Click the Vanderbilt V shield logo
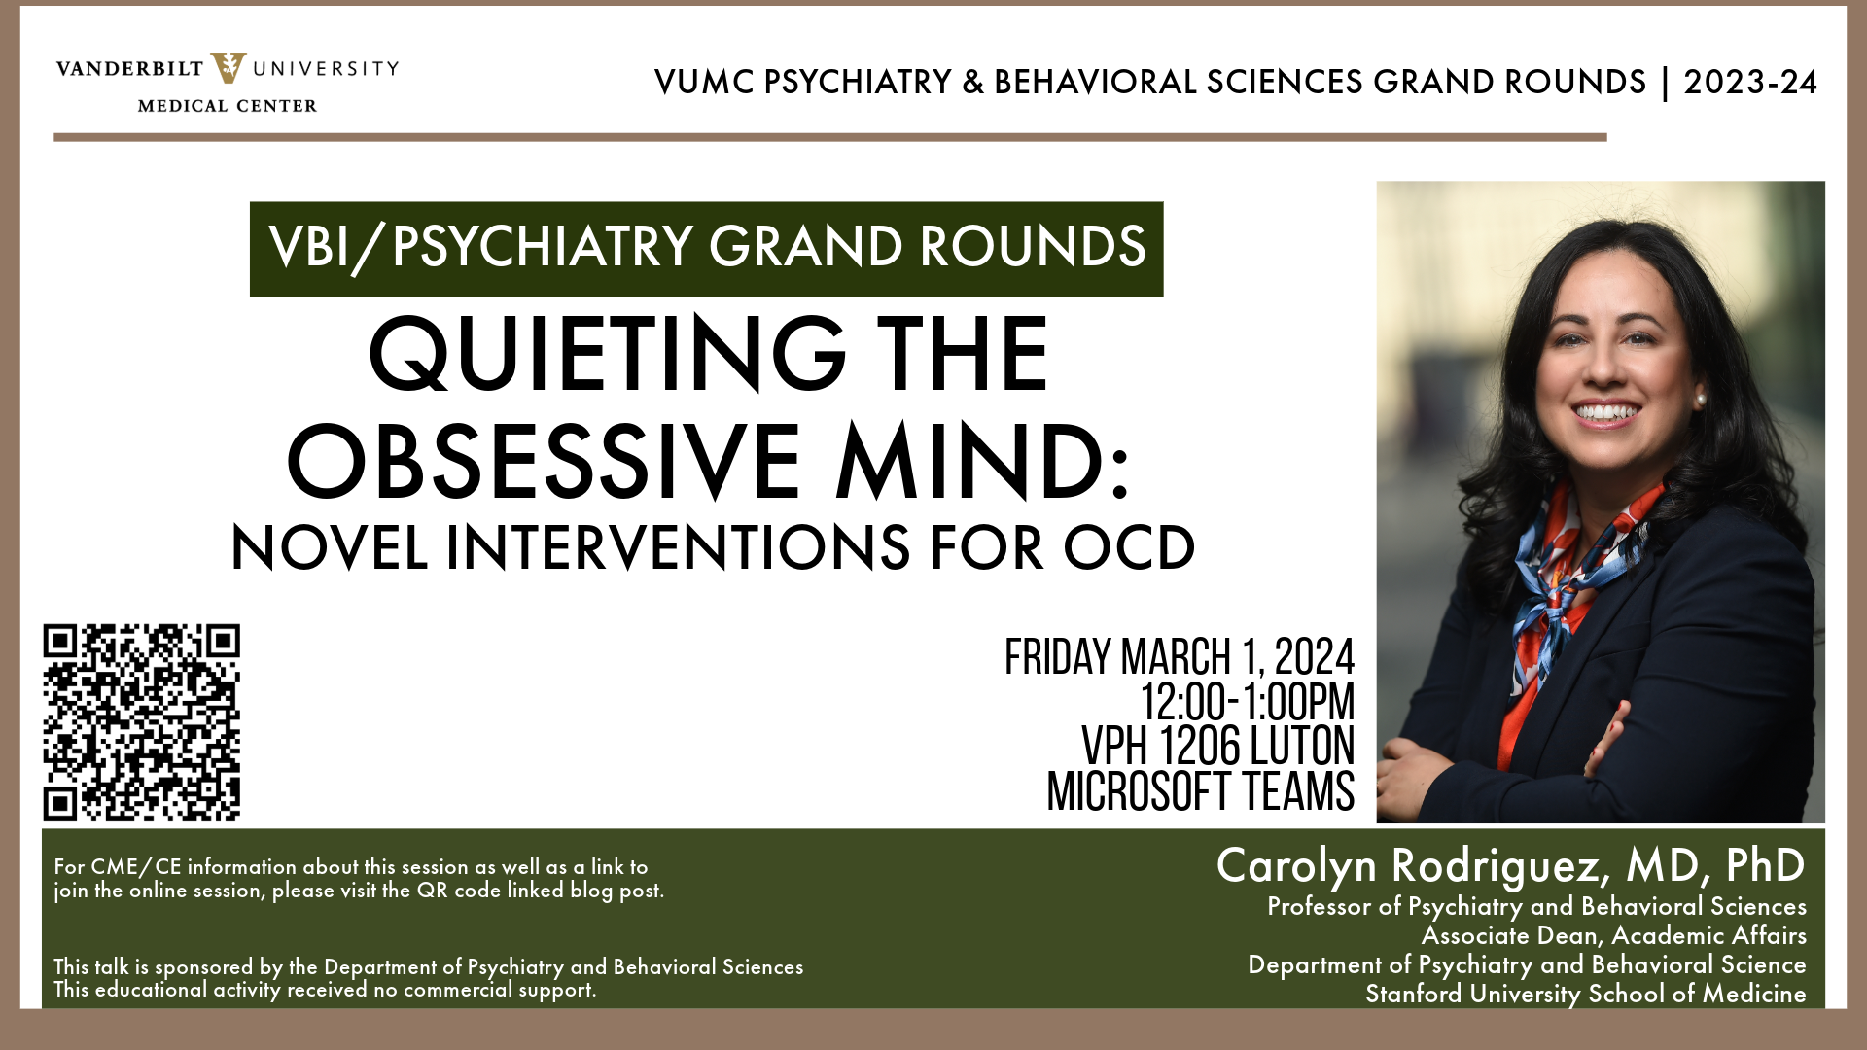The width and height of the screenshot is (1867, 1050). [x=229, y=68]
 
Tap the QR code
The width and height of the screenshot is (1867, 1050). [x=142, y=722]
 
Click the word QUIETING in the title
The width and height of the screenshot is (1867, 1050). [x=607, y=354]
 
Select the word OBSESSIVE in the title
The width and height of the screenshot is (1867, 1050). [x=543, y=462]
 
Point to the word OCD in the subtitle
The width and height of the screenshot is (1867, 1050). [x=1129, y=547]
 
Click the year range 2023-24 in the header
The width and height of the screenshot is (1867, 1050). [x=1750, y=83]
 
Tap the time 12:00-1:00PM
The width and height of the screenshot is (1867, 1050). [x=1248, y=702]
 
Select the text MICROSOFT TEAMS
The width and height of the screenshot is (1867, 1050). [x=1200, y=791]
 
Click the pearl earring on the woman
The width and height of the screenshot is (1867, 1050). [x=1701, y=400]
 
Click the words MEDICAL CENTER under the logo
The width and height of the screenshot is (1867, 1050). [x=228, y=106]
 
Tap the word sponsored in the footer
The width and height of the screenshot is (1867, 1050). [x=204, y=967]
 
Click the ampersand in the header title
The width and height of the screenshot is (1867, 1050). [x=972, y=83]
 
